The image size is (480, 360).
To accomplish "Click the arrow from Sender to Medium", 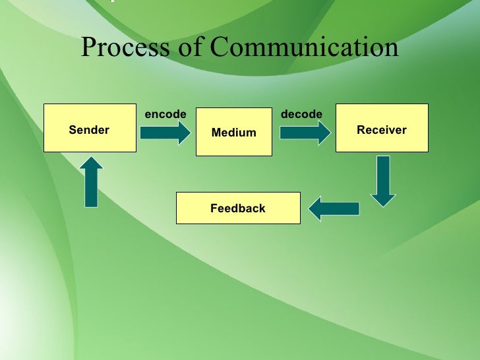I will point(164,133).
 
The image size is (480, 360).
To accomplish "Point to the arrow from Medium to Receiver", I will point(305,133).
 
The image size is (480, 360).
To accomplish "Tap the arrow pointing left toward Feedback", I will point(334,209).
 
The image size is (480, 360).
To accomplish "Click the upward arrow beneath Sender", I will point(91,182).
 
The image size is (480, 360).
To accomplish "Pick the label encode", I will point(165,114).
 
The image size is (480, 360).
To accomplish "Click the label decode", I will point(301,114).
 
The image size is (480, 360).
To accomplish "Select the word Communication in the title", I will point(305,47).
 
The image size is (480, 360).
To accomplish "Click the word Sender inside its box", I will point(89,130).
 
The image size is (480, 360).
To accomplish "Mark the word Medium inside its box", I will point(233,133).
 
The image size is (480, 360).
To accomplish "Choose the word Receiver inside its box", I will point(382,130).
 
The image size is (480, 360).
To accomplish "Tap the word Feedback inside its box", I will point(237,208).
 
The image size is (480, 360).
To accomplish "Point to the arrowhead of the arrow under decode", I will point(322,133).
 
